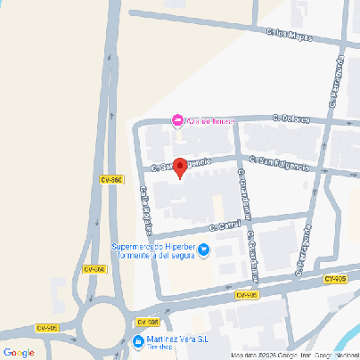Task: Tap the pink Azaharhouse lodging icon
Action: point(177,120)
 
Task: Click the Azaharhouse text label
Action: point(211,120)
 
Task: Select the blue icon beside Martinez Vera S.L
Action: point(138,341)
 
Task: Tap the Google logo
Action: point(19,352)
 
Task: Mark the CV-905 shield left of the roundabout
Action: point(45,328)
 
